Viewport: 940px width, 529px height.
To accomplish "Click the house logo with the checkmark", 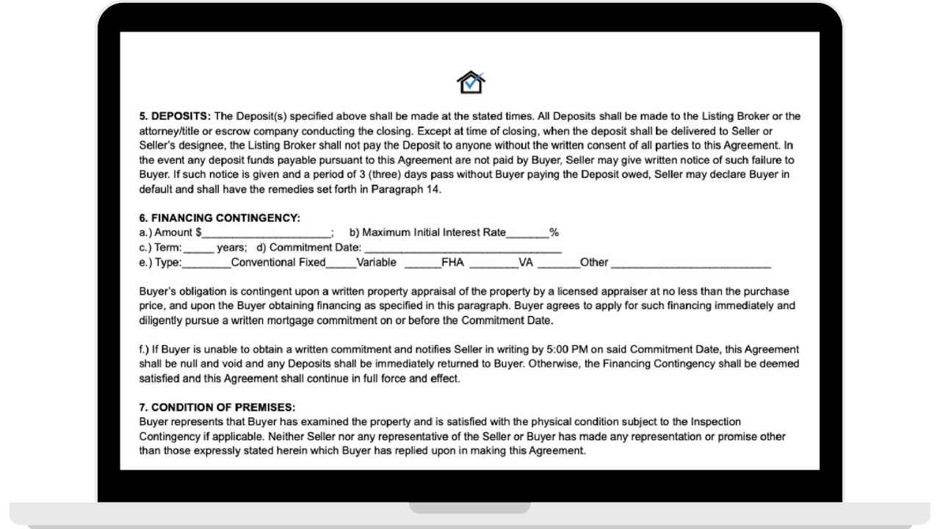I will [x=471, y=82].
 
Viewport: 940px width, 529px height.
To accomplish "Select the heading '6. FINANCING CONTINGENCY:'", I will [x=220, y=218].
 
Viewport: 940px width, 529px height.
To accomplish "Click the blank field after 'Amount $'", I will [x=267, y=234].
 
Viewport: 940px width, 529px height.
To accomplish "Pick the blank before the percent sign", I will [x=527, y=234].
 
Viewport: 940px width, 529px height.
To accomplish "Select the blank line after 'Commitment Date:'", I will [x=463, y=248].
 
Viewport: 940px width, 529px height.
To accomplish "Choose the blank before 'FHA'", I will [x=422, y=263].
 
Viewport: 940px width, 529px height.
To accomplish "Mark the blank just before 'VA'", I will [x=493, y=263].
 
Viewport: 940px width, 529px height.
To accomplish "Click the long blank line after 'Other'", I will [x=690, y=263].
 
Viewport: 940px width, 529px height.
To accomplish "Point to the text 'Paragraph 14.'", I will [x=416, y=189].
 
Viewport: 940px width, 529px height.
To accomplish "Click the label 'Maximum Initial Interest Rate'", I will [x=428, y=233].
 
